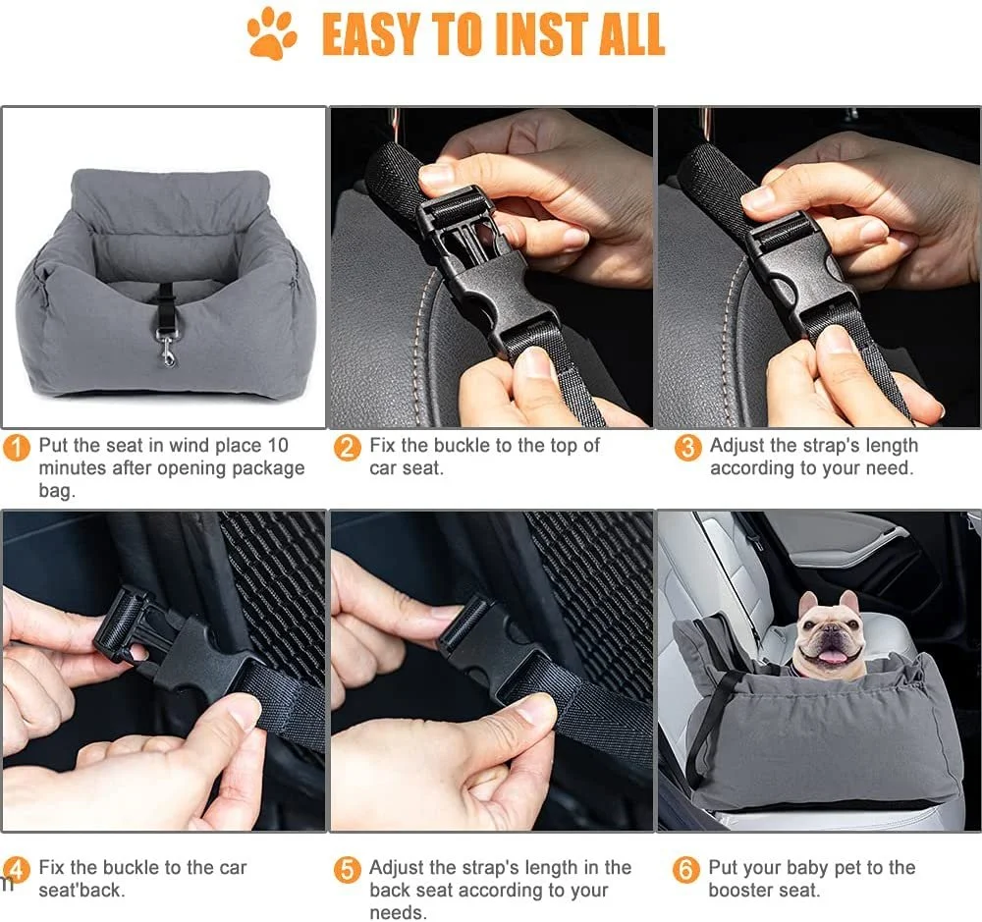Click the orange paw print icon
click(272, 32)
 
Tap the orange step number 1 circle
click(17, 449)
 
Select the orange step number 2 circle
click(347, 449)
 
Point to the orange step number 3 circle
click(687, 449)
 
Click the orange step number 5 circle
click(347, 870)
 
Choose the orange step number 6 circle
click(685, 870)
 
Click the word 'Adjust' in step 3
click(737, 446)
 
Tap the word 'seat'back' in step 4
click(82, 890)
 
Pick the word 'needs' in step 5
click(398, 912)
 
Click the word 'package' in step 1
click(268, 468)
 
